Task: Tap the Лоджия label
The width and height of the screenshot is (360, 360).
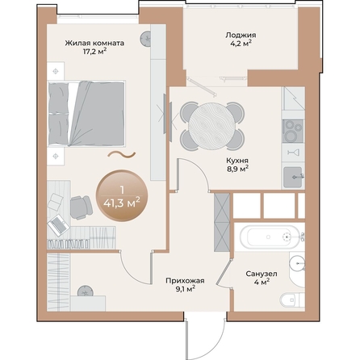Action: [241, 36]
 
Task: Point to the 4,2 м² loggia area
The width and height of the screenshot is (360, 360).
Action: [241, 46]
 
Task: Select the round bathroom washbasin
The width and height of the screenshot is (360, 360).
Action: [298, 262]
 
